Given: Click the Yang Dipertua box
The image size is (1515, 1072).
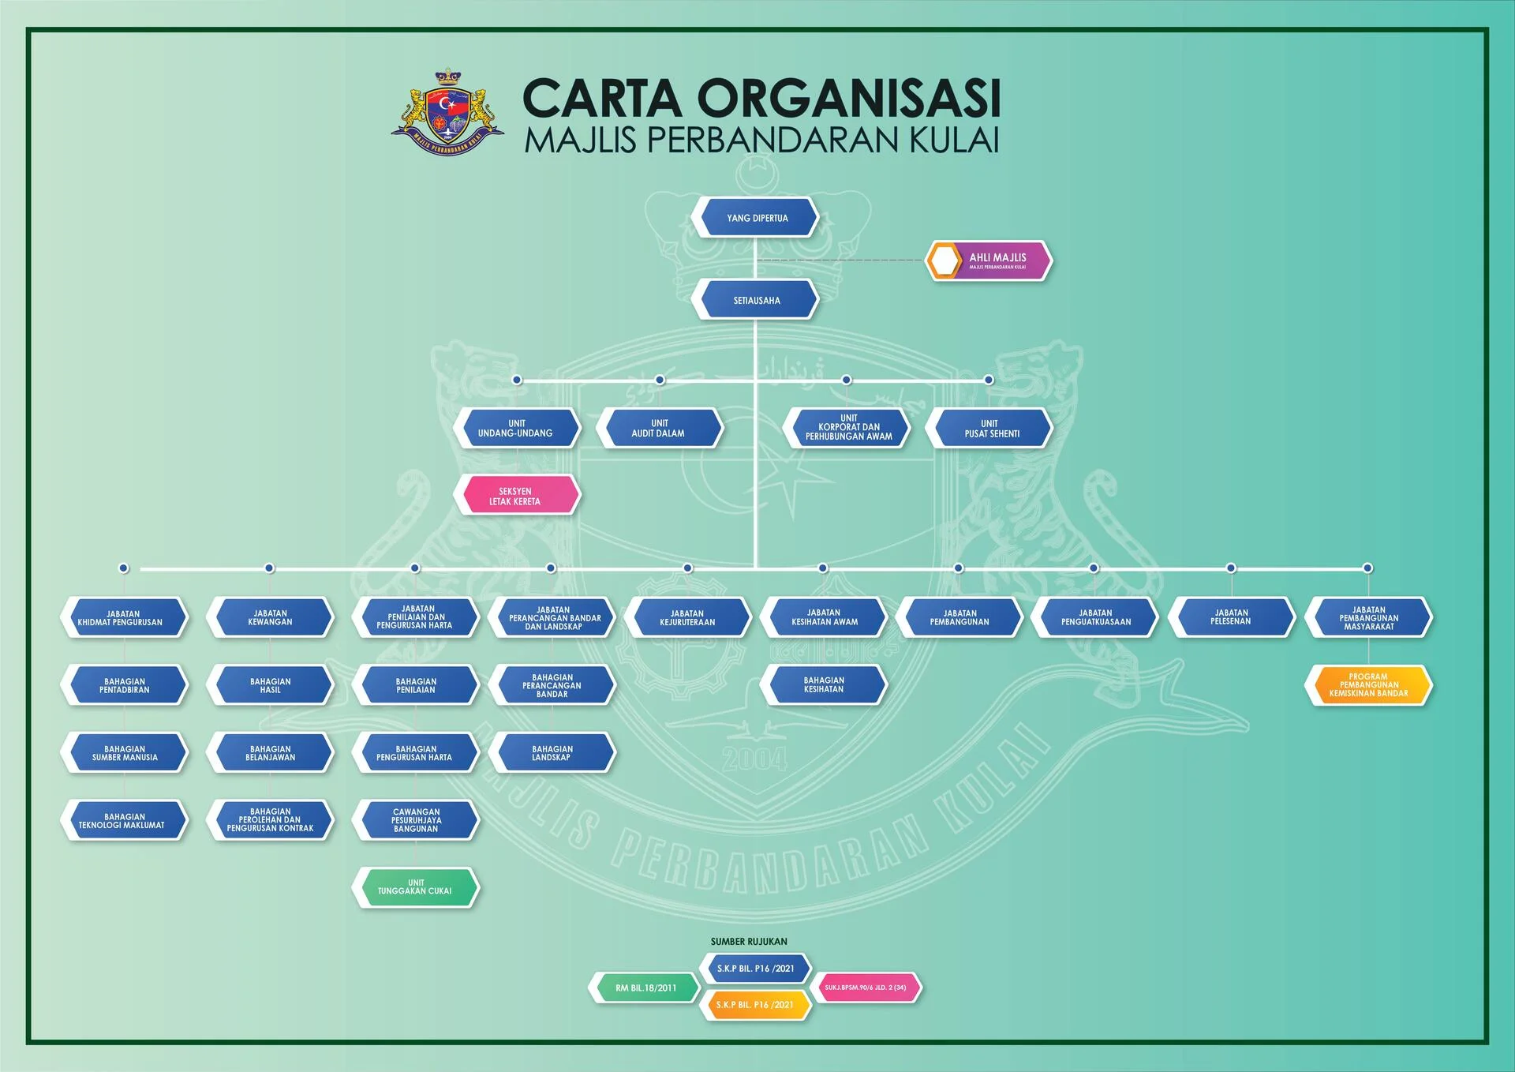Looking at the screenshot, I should tap(755, 218).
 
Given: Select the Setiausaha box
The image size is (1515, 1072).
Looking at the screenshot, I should tap(755, 301).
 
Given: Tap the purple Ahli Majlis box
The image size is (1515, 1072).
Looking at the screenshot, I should tap(989, 261).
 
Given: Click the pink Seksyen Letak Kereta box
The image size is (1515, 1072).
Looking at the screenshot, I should tap(516, 496).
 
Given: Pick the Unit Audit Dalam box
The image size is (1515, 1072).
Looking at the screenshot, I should tap(659, 429).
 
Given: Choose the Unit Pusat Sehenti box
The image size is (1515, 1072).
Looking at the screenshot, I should tap(990, 429).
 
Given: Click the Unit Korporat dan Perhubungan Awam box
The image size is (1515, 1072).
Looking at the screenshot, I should tap(847, 428).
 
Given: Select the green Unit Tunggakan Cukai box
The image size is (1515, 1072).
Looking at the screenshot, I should tap(415, 887).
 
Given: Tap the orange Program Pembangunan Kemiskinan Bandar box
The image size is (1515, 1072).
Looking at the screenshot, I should tap(1368, 685).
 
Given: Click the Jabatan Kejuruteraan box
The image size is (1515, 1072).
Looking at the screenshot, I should tap(687, 617).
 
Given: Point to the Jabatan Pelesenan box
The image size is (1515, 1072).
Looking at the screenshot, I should tap(1231, 617).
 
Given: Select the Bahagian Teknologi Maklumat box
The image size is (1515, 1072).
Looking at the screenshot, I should tap(124, 821).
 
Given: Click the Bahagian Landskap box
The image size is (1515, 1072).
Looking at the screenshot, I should tap(552, 753).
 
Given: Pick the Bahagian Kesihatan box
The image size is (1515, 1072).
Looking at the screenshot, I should tap(823, 684).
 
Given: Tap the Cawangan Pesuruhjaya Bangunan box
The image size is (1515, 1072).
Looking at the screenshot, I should tap(415, 820).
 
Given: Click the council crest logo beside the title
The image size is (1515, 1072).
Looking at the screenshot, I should tap(447, 112).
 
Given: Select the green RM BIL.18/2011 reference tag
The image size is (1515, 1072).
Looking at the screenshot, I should tap(645, 988).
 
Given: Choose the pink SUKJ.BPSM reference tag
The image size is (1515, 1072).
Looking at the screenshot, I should tap(866, 988).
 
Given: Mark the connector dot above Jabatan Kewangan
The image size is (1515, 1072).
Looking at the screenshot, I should tap(269, 568).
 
